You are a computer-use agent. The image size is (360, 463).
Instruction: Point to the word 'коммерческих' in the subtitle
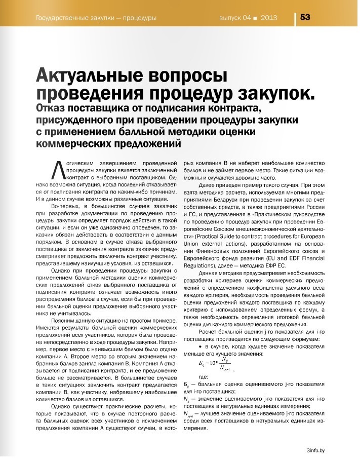tap(71, 143)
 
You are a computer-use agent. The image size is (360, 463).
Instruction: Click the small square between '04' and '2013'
tap(255, 18)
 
